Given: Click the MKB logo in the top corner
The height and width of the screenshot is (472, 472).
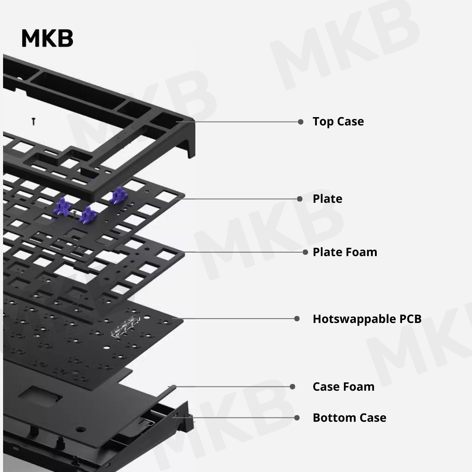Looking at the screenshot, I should click(x=47, y=38).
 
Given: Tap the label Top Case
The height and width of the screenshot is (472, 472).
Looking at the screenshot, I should click(x=338, y=121).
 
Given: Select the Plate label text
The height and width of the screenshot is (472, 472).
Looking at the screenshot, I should click(x=327, y=199).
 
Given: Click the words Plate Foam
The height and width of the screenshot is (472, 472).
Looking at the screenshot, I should click(x=344, y=252).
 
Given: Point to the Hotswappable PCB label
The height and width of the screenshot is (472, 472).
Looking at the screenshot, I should click(x=367, y=319).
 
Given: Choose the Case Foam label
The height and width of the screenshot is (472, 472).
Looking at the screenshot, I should click(x=343, y=387).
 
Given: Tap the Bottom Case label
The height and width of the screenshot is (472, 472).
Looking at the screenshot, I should click(x=349, y=418).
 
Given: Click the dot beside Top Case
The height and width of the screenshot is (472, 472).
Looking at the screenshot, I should click(x=301, y=122).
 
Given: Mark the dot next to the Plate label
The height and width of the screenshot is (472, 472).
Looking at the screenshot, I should click(x=300, y=199).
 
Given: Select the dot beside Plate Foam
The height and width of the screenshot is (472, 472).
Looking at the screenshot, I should click(x=305, y=252).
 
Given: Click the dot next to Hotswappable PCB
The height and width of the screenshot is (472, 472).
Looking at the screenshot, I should click(x=297, y=319).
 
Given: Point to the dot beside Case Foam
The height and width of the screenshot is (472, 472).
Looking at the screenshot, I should click(x=292, y=387).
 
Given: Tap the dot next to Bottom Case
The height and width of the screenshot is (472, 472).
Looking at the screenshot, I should click(x=297, y=418).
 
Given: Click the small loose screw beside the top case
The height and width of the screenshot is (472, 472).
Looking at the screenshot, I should click(x=33, y=121).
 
